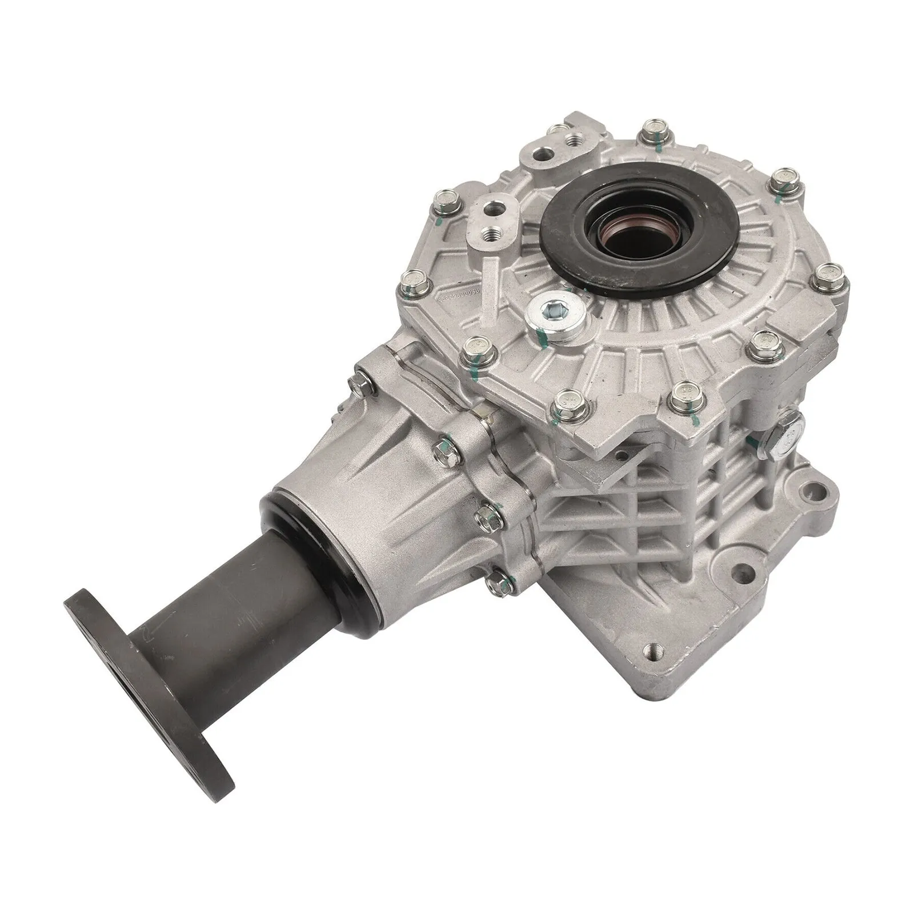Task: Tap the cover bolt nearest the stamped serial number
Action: (410, 279)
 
